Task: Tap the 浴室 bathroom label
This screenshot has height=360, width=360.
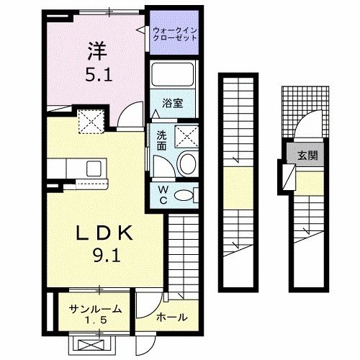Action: click(172, 103)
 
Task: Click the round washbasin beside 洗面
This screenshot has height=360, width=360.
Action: click(186, 163)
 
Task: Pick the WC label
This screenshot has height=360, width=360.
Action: click(162, 194)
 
